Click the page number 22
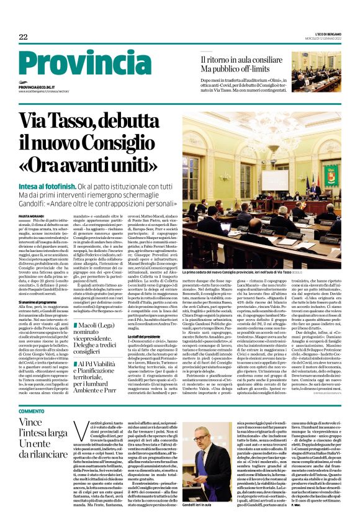(x=23, y=37)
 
